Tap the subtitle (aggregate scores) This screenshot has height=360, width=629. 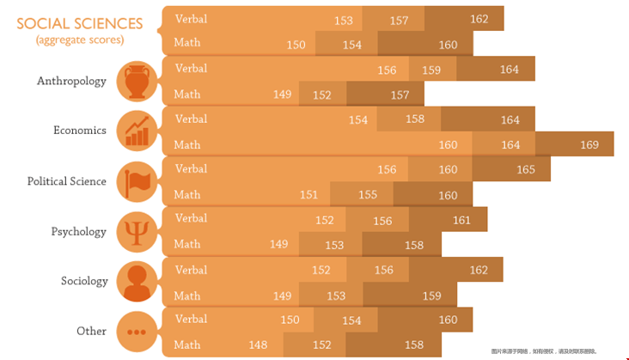(80, 40)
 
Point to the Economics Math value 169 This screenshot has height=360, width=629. (589, 144)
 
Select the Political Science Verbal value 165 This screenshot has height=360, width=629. (526, 169)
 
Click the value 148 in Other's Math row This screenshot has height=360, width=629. (257, 345)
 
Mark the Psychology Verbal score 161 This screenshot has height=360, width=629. (461, 220)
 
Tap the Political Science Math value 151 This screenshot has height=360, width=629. (308, 194)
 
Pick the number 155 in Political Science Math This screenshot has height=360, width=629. (368, 194)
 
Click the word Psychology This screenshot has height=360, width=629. (78, 232)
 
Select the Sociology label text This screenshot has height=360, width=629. (84, 282)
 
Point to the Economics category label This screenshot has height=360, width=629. (80, 131)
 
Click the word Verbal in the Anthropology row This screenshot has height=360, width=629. (191, 68)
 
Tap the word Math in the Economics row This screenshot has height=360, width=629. (187, 143)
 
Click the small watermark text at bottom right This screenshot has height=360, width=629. (555, 351)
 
